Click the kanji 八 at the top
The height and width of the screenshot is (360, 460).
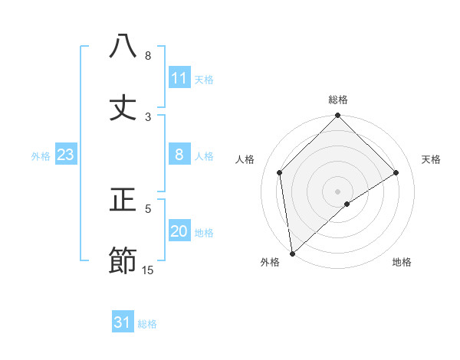coord(123,47)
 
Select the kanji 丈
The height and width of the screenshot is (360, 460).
coord(123,108)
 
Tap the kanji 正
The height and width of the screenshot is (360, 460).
coord(123,201)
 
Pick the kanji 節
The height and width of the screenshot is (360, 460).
coord(123,261)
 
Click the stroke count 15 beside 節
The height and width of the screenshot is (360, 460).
coord(148,270)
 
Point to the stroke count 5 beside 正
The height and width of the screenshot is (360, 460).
coord(148,208)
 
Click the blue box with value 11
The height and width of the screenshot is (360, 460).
coord(179,78)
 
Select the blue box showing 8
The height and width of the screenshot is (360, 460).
coord(179,155)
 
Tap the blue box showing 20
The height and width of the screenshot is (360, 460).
coord(179,232)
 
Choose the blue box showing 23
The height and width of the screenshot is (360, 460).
coord(66,155)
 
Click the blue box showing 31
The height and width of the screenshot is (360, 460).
coord(123,323)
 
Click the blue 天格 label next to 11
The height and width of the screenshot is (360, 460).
coord(204,80)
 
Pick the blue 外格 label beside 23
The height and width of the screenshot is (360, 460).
coord(41,156)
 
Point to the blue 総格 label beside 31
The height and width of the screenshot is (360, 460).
coord(147,324)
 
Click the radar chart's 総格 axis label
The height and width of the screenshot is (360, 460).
coord(338,100)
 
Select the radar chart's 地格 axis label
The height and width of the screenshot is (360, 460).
coord(402,263)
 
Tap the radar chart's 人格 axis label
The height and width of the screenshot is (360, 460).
coord(245,159)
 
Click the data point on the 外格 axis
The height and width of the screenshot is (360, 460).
coord(292,253)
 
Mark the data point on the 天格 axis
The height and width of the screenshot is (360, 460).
coord(396,172)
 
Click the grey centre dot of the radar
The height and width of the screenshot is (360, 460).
coord(338,191)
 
